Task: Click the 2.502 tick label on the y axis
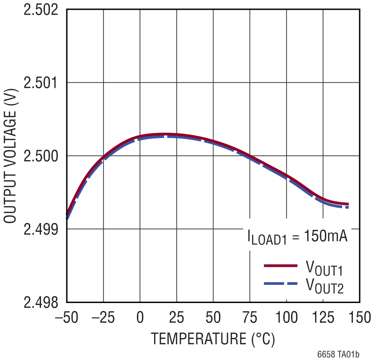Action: [x=42, y=9]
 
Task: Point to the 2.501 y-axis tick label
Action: [x=42, y=83]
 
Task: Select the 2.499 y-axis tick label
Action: [x=42, y=229]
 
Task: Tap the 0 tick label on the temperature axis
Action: [x=140, y=318]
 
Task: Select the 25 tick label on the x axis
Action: [x=177, y=318]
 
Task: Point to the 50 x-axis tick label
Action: [x=213, y=318]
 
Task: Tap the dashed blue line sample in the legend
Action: [x=281, y=284]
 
